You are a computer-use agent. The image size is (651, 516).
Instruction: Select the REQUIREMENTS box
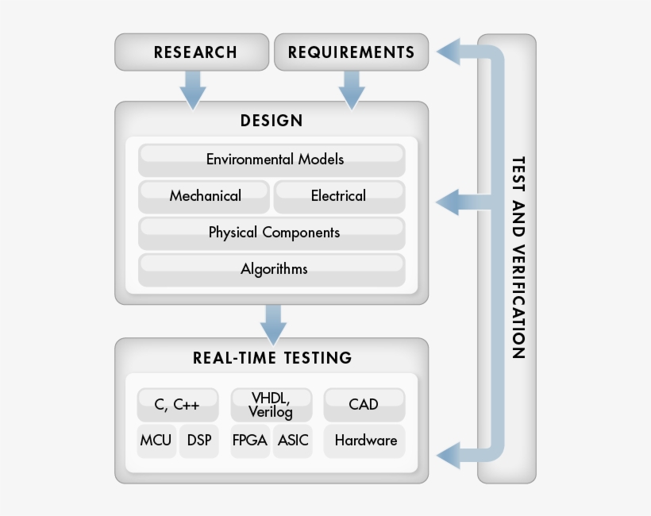tap(351, 52)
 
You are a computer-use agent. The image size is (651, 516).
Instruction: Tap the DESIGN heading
tap(272, 121)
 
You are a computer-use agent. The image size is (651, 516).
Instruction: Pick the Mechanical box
tap(205, 196)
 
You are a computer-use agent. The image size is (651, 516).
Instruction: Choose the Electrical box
tap(339, 196)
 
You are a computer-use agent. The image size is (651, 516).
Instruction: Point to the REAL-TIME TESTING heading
tap(272, 357)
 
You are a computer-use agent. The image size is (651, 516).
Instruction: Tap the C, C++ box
tap(177, 405)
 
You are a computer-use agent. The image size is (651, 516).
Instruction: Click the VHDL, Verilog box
tap(271, 405)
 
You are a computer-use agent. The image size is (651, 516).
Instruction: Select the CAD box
tap(364, 405)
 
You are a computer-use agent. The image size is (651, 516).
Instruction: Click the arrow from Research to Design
tap(192, 89)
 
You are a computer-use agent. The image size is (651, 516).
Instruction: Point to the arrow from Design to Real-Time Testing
tap(272, 322)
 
